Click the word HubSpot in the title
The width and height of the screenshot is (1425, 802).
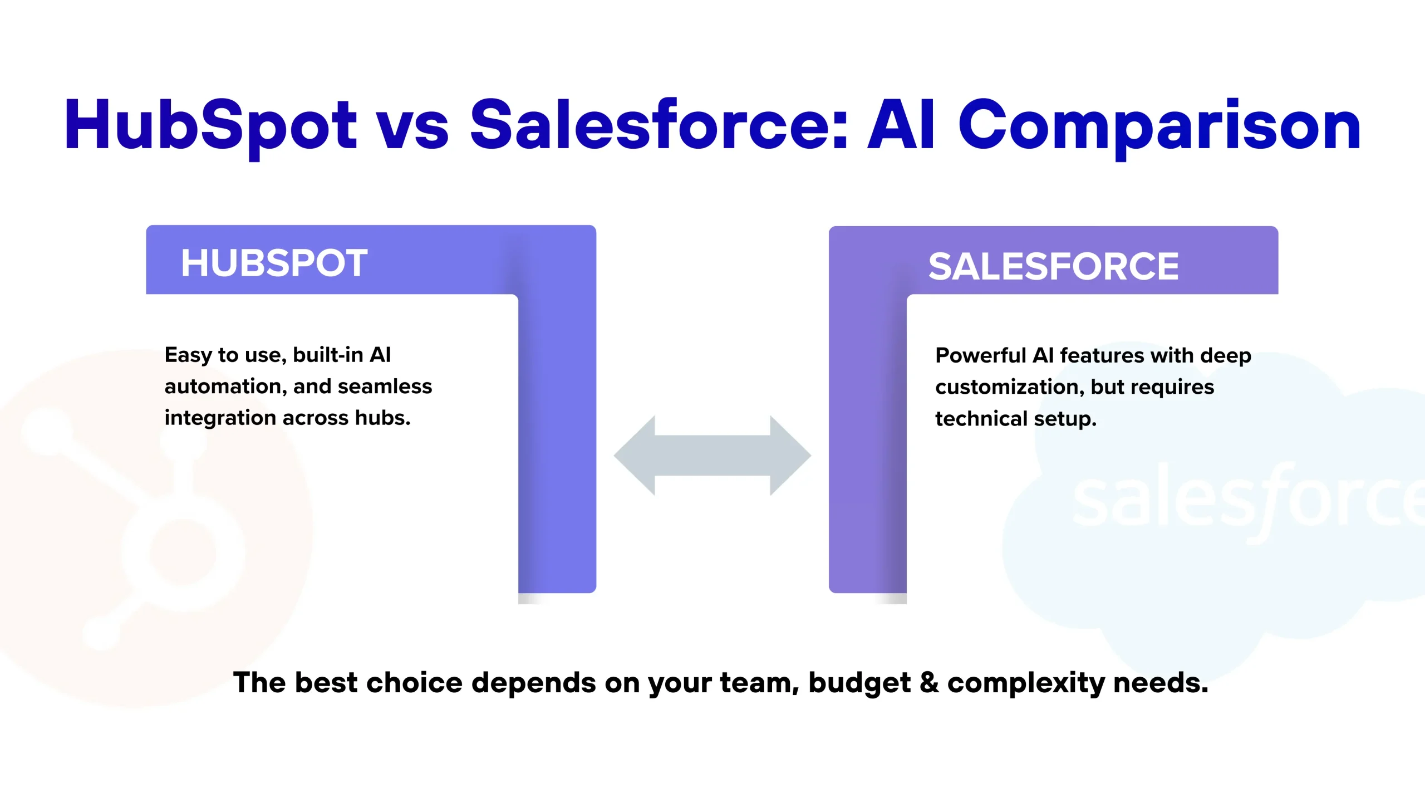[210, 127]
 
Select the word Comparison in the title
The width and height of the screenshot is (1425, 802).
[1159, 127]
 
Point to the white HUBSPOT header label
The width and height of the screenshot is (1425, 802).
[274, 263]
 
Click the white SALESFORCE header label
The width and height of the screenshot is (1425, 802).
[1053, 266]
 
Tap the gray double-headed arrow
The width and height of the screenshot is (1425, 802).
[712, 456]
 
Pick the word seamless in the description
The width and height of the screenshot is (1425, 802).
[385, 387]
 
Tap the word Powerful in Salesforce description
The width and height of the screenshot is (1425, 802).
[981, 355]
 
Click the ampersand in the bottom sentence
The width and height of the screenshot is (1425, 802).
[929, 683]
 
